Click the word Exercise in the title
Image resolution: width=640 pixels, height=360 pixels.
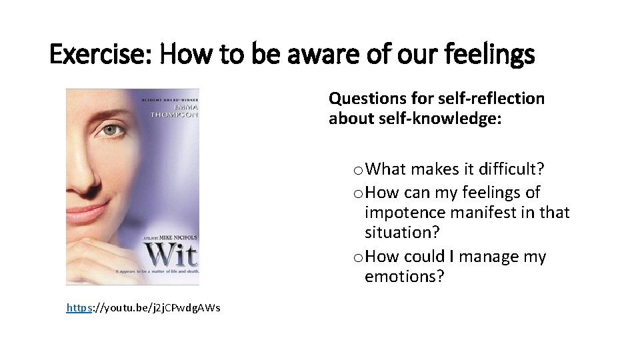point(99,55)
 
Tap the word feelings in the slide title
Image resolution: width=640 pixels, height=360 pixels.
point(494,55)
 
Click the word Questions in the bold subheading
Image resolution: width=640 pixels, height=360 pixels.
point(366,99)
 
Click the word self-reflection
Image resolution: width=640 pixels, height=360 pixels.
point(491,99)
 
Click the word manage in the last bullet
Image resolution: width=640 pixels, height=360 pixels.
point(490,257)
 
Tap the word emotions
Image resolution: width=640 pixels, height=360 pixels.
point(404,277)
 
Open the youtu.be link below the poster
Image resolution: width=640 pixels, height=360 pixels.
point(143,307)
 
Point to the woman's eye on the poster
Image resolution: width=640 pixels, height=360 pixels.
point(112,131)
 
